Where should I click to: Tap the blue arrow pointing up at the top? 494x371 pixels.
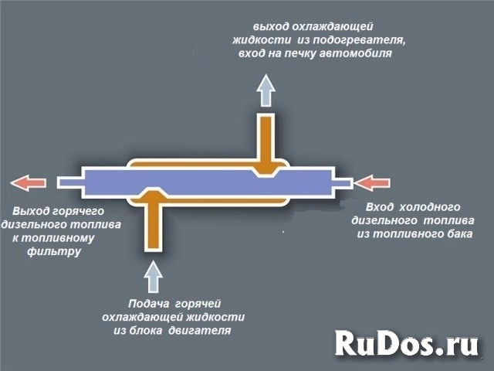(266, 90)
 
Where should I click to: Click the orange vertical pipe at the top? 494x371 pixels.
(266, 139)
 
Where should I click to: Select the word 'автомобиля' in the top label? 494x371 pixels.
(359, 54)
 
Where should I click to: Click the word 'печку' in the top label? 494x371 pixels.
(308, 54)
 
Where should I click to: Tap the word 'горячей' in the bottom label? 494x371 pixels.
(201, 304)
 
